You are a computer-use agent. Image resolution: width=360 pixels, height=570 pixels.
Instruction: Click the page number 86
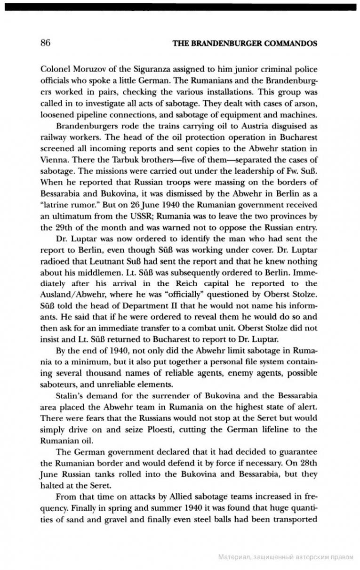point(45,43)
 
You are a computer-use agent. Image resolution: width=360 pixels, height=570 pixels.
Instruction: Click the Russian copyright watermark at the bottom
point(286,557)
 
